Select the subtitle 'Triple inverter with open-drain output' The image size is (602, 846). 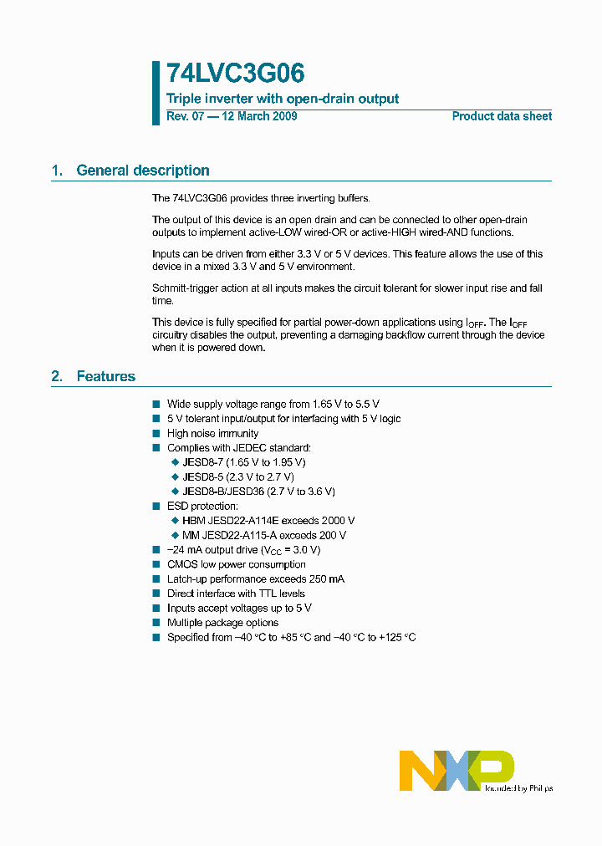[x=283, y=99]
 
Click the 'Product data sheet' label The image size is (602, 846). [x=502, y=116]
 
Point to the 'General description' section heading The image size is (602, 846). [x=142, y=171]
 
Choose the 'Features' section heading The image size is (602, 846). [x=105, y=376]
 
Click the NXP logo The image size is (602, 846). [x=457, y=770]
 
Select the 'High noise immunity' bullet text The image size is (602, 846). [x=212, y=433]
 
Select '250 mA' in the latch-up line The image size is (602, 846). [x=326, y=579]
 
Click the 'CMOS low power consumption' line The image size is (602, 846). [x=236, y=564]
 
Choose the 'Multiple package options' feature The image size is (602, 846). [x=222, y=623]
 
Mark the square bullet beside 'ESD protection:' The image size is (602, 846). [x=156, y=507]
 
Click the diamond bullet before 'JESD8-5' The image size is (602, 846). [x=176, y=477]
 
